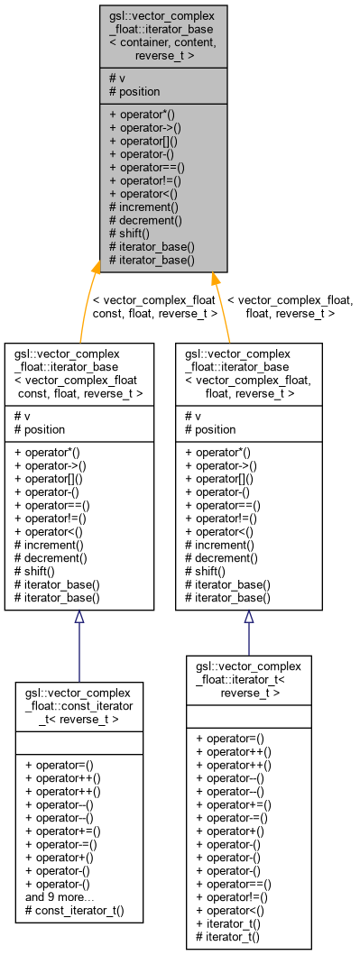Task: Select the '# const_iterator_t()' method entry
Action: click(x=74, y=911)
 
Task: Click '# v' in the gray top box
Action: click(x=117, y=78)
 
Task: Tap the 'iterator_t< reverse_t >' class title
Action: click(x=248, y=678)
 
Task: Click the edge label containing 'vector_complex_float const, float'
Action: click(x=154, y=307)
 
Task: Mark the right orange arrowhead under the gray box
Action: click(x=214, y=280)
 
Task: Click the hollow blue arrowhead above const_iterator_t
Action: click(x=78, y=618)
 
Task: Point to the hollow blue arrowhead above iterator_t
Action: click(x=248, y=618)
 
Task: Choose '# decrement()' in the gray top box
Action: click(x=146, y=219)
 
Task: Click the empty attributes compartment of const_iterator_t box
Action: click(x=78, y=742)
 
